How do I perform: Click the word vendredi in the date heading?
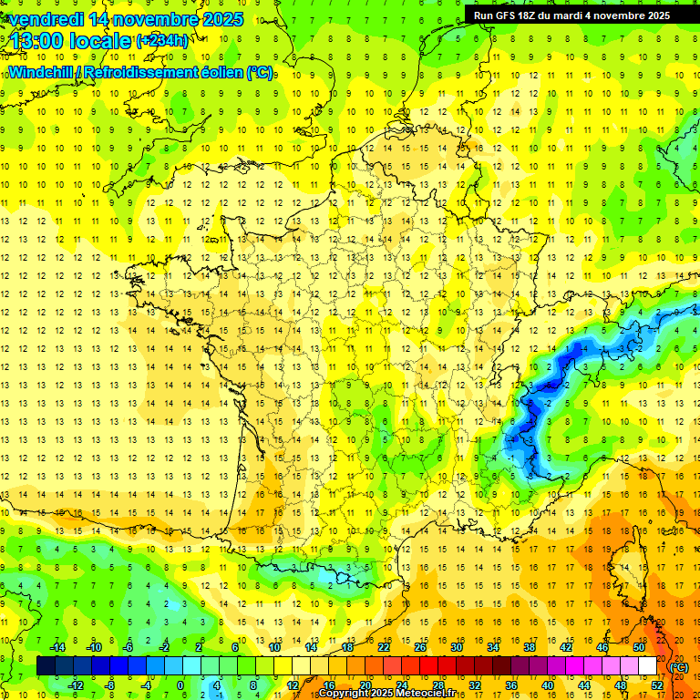(46, 18)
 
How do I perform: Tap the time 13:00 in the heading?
(40, 41)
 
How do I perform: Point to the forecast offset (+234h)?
(162, 40)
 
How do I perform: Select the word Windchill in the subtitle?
(41, 73)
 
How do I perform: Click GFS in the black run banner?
(508, 15)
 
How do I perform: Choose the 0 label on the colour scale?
(180, 685)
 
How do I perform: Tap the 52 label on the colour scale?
(657, 685)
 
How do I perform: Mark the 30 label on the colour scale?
(456, 647)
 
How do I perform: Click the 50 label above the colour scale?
(638, 647)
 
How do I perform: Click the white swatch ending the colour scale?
(648, 666)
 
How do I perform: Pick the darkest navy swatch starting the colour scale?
(46, 666)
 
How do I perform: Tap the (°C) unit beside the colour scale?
(678, 666)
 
